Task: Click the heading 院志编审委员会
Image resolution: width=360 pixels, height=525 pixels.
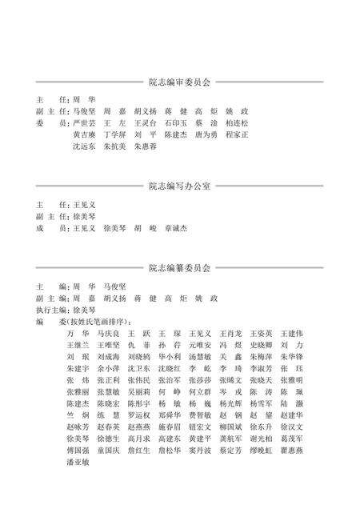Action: [x=179, y=82]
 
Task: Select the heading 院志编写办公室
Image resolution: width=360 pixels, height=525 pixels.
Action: [x=179, y=186]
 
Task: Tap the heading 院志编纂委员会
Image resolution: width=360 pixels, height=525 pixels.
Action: [x=179, y=267]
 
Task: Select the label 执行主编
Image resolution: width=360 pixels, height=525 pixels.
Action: [x=52, y=309]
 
